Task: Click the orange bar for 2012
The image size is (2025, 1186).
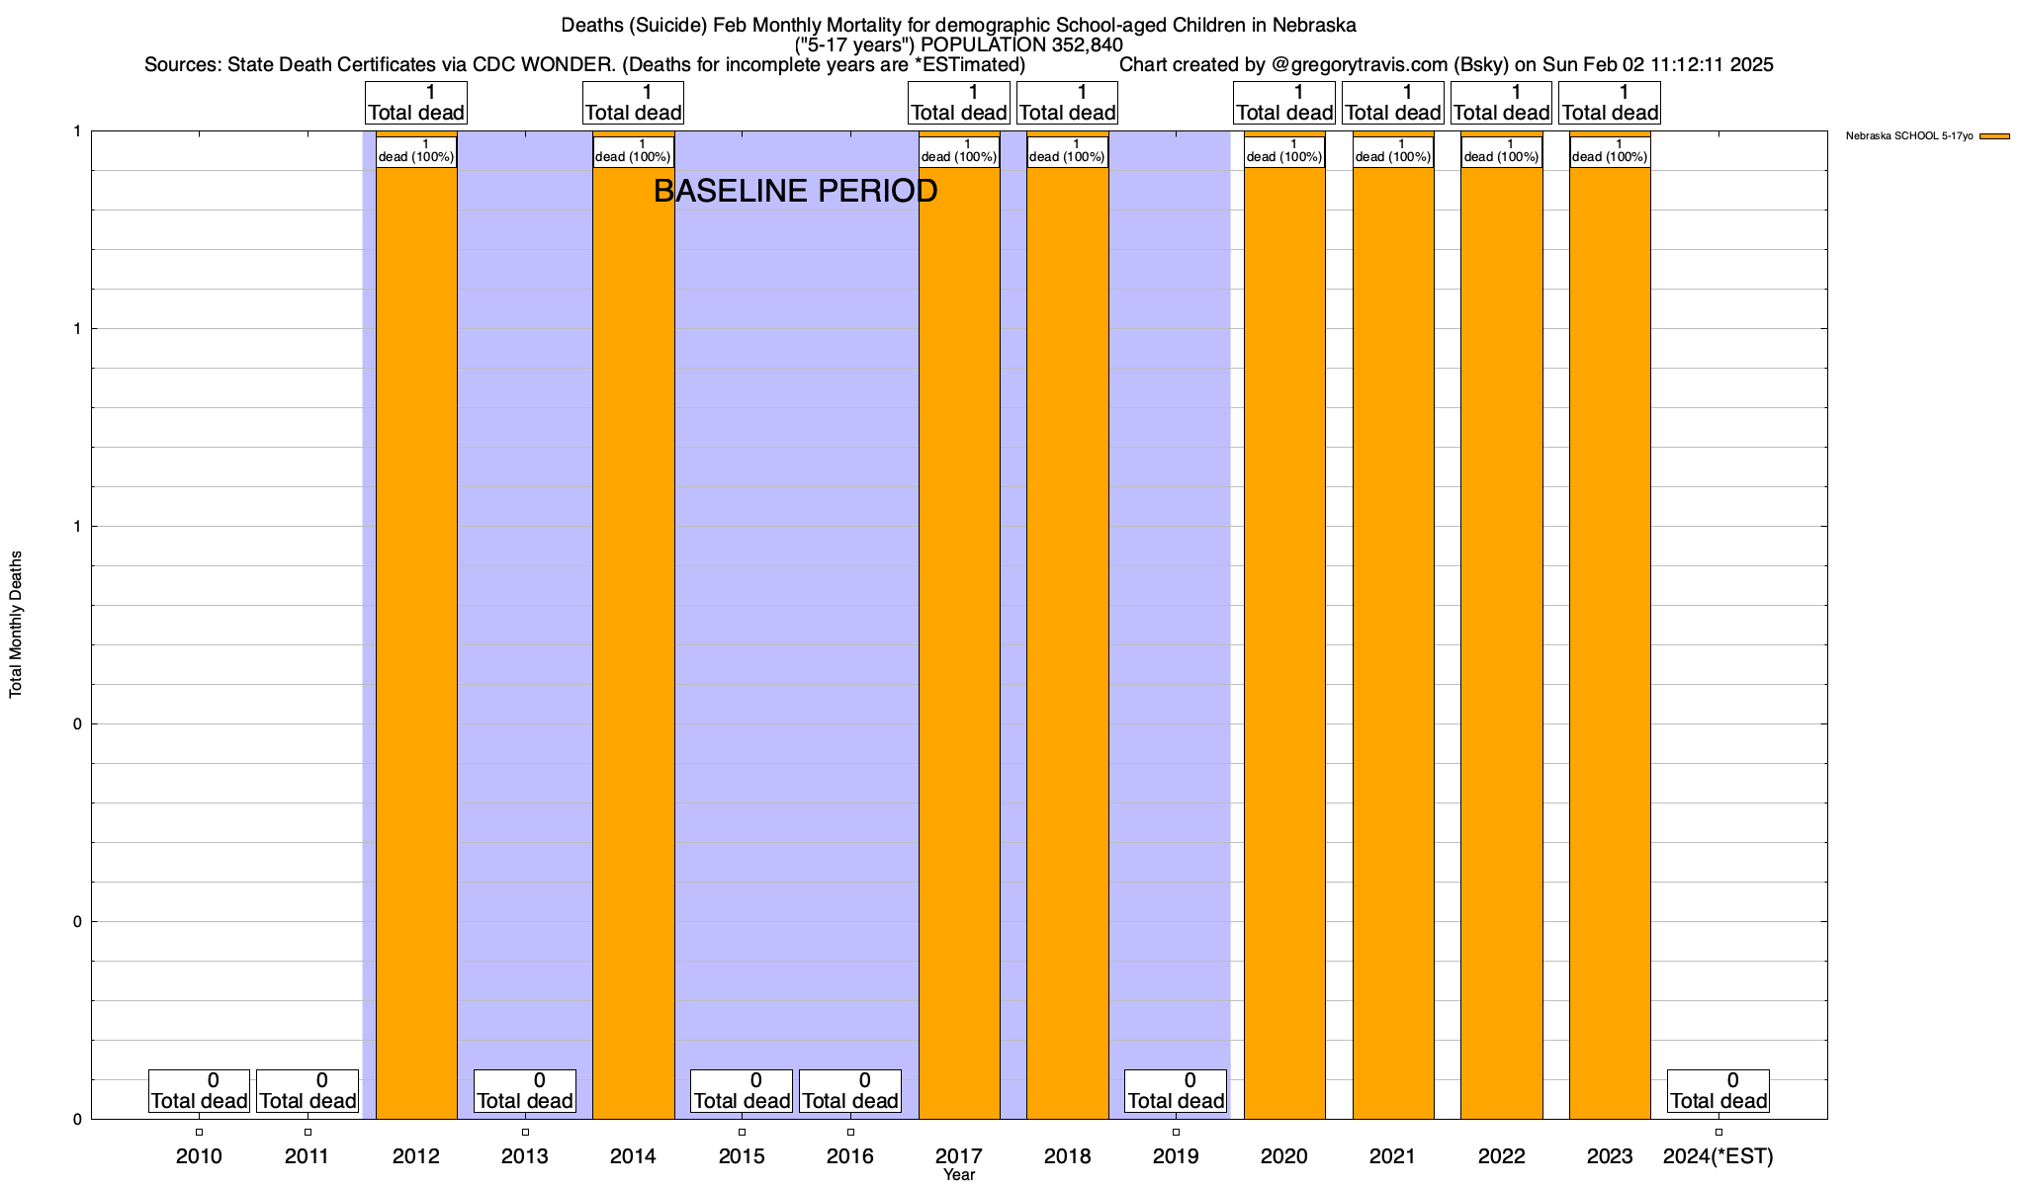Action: [x=416, y=642]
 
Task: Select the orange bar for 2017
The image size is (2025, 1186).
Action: [x=959, y=642]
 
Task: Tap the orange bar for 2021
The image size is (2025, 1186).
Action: [x=1393, y=642]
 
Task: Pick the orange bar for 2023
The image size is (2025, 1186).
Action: [x=1610, y=642]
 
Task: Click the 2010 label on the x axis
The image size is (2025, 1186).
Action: [x=199, y=1155]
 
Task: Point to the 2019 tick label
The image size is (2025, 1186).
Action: [x=1176, y=1155]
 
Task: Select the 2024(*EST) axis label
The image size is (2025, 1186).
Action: [x=1718, y=1155]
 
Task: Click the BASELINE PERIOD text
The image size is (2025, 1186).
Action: [x=795, y=191]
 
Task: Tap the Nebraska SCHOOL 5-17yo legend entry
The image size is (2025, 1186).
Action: [x=1908, y=136]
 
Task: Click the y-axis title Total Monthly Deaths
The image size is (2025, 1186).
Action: [x=16, y=625]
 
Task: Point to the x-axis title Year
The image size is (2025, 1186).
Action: [x=959, y=1175]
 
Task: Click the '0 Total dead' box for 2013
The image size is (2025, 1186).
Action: [x=524, y=1091]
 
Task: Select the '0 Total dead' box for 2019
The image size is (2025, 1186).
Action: [x=1176, y=1091]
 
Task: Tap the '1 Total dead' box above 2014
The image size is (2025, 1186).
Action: [x=633, y=103]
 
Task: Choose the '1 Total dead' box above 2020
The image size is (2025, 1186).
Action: [x=1284, y=103]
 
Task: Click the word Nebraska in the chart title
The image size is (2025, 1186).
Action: [x=1314, y=25]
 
